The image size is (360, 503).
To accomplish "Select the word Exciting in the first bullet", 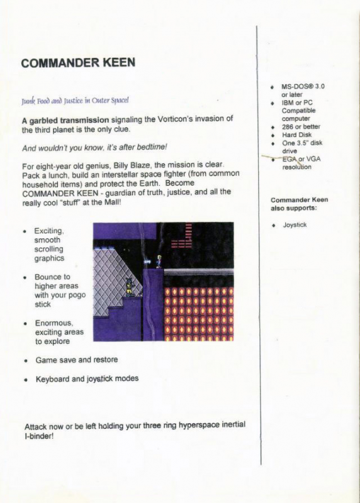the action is (49, 231).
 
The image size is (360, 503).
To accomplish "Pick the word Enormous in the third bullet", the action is (54, 323).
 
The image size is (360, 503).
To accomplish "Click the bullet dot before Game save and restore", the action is (25, 361).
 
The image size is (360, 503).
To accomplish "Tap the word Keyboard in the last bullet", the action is (53, 379).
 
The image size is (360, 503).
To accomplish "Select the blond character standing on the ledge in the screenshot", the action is (159, 260).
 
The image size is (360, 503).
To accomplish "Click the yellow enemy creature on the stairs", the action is (128, 286).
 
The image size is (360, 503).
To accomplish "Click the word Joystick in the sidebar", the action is (295, 224).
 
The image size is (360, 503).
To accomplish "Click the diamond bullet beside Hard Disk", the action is (272, 135).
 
